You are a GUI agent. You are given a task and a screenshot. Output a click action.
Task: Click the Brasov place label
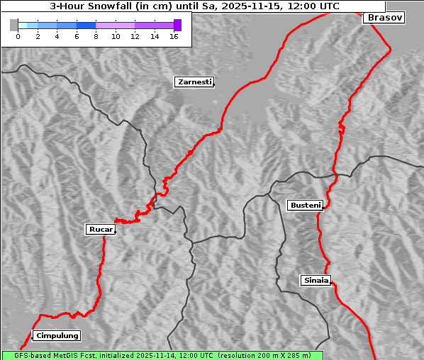[385, 18]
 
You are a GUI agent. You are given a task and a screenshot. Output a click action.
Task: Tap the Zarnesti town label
[194, 82]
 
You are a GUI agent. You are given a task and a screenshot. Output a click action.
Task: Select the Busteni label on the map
[305, 206]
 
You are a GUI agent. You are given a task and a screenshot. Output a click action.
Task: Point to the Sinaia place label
[316, 280]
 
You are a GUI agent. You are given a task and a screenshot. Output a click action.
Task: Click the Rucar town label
[100, 229]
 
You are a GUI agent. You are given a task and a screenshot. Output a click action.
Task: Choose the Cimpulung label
[57, 335]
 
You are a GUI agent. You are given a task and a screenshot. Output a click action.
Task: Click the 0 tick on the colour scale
[18, 36]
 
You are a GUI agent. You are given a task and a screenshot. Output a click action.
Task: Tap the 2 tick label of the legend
[38, 36]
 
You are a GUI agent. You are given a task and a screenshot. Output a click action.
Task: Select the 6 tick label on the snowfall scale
[77, 36]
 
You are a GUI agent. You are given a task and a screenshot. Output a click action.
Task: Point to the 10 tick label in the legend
[116, 36]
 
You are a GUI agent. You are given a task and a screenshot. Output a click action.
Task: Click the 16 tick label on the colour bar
[174, 36]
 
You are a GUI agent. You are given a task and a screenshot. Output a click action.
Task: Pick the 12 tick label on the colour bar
[135, 36]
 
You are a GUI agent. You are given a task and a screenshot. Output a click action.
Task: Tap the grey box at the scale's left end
[14, 25]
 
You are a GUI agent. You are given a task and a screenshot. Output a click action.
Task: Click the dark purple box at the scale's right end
[177, 25]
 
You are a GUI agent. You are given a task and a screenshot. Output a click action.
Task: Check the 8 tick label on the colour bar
[96, 36]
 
